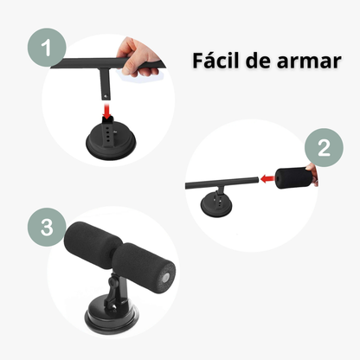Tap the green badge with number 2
[324, 148]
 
